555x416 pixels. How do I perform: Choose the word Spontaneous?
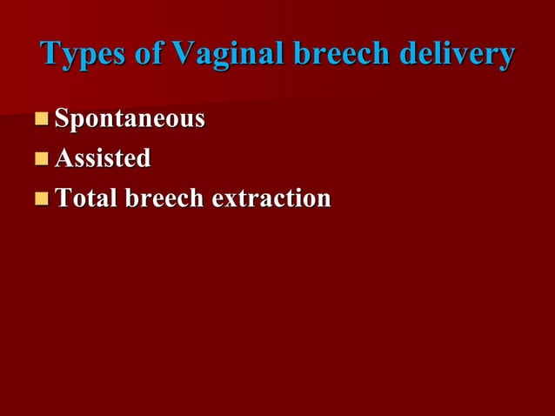[x=130, y=119]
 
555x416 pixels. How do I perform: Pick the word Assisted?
[x=103, y=158]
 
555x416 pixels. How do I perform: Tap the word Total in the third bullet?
[x=86, y=198]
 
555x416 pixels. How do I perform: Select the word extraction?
[x=271, y=198]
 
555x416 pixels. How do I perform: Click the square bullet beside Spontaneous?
[x=42, y=119]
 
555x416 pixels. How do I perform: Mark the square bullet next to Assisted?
[x=42, y=159]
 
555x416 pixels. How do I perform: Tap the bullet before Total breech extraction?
[x=42, y=199]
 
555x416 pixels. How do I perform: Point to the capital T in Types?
[x=50, y=53]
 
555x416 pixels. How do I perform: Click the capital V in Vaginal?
[x=184, y=53]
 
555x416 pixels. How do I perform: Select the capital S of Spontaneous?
[x=63, y=118]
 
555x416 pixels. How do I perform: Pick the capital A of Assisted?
[x=64, y=158]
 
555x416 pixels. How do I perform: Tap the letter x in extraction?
[x=229, y=200]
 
